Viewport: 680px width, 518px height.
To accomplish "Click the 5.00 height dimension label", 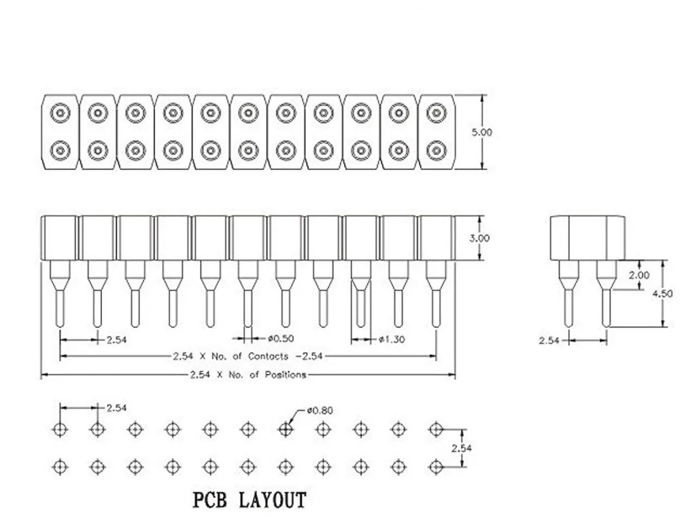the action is (482, 132).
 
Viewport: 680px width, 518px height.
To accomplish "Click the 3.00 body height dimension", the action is (479, 238).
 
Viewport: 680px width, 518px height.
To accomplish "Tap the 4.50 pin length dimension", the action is (662, 294).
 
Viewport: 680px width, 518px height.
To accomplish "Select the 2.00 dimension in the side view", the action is (639, 275).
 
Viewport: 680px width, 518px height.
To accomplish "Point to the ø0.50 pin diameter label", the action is (281, 338).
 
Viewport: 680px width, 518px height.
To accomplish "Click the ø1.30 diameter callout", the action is (392, 339).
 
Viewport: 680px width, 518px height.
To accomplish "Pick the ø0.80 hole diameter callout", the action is (320, 410).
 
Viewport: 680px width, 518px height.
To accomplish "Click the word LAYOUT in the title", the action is (273, 500).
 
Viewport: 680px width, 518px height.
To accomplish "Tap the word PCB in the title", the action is (210, 500).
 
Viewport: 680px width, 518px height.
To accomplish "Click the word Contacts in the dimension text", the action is (268, 356).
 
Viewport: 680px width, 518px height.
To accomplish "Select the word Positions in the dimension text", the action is (286, 375).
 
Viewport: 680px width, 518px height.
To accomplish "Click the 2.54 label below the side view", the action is (549, 341).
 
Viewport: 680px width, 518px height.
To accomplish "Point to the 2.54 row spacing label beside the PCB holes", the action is (461, 448).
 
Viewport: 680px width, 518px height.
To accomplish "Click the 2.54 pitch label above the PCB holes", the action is (116, 408).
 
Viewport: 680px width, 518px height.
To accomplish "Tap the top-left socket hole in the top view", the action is (60, 113).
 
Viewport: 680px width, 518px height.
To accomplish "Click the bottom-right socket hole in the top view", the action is (436, 150).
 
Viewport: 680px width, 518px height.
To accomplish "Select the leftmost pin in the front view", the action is (60, 294).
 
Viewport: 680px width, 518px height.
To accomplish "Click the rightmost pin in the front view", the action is (436, 294).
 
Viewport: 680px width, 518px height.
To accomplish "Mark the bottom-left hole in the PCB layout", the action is (60, 467).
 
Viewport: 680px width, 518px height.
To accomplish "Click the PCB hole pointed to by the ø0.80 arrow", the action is (286, 429).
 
